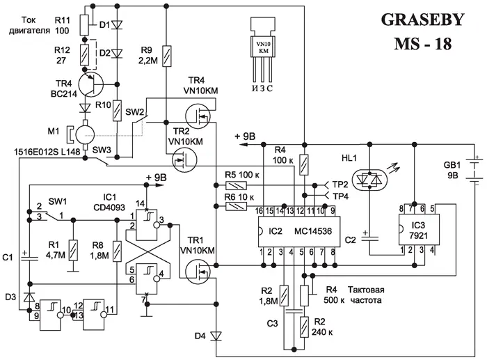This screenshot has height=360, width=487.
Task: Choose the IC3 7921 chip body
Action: [x=416, y=226]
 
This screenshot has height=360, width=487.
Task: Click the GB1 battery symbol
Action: [x=476, y=170]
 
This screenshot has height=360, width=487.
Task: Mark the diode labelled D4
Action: [x=216, y=336]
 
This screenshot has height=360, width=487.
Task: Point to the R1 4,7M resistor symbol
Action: [x=72, y=246]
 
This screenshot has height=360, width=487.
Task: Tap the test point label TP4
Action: [x=340, y=196]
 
